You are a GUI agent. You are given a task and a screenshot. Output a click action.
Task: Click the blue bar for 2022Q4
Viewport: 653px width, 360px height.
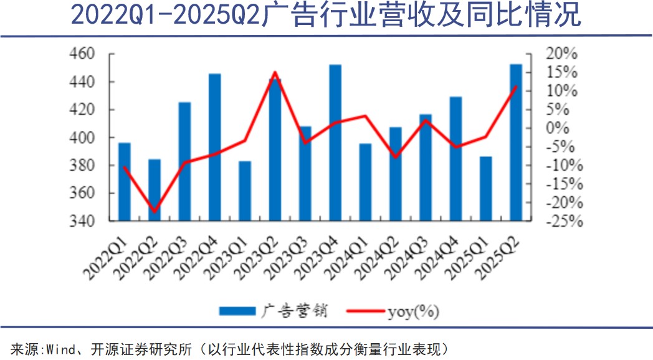(x=214, y=147)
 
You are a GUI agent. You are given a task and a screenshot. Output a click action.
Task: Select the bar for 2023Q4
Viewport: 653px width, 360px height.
(x=335, y=143)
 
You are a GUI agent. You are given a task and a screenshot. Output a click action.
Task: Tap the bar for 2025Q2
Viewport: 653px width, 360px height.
(x=516, y=143)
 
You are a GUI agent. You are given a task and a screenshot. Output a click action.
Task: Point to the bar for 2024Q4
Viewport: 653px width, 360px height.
(x=455, y=159)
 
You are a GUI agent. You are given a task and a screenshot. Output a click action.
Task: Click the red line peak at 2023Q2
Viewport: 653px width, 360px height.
(x=275, y=72)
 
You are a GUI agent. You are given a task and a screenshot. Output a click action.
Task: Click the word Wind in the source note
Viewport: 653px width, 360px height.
(x=54, y=348)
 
